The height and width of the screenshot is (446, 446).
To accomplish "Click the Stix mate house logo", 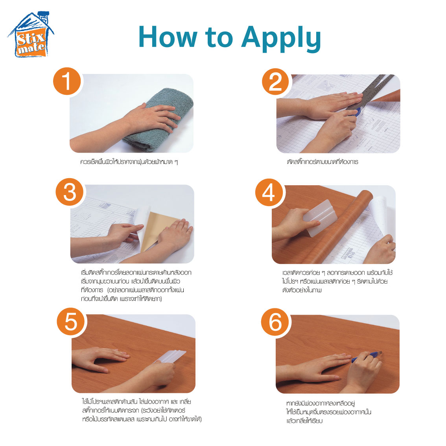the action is point(31,35).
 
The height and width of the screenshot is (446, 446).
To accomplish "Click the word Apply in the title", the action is point(281,39).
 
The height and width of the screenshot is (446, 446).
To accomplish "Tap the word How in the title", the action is point(168,37).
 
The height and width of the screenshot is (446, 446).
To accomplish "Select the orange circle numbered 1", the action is point(67,81).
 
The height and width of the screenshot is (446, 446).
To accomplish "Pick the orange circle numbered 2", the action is point(276,82).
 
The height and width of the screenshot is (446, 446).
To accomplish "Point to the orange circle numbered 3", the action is point(70,192).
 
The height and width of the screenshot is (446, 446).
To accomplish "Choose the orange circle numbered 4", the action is point(269,193).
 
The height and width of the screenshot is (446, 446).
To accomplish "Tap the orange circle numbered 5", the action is point(71,322).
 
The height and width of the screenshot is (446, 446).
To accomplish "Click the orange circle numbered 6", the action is point(275,322).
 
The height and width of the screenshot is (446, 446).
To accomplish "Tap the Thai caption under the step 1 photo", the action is point(129,162).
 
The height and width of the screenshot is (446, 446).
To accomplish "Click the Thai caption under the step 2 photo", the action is point(323,162).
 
